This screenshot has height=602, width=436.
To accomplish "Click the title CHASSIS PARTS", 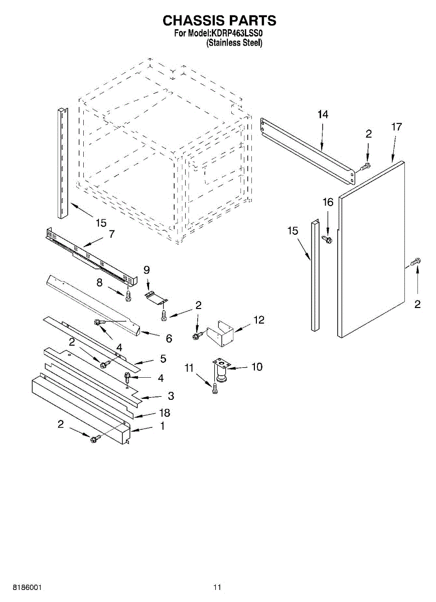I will coord(219,21).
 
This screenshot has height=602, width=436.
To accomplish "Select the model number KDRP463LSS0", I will coord(236,34).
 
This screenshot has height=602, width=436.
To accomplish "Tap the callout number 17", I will coord(396,127).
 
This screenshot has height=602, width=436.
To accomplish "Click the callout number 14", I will coord(323,114).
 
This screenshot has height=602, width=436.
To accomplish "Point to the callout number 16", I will coord(328,202).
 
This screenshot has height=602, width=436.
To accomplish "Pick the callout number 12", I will coord(258,320).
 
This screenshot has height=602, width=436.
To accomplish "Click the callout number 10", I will coord(256,367).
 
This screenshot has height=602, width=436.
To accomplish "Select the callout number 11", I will coord(189,368).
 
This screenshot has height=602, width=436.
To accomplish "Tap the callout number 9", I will coord(147,270).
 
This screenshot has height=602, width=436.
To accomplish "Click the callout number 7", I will coord(111,233).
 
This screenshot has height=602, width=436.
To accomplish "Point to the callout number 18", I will coord(164,413).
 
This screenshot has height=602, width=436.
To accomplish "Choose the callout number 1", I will coord(162,426).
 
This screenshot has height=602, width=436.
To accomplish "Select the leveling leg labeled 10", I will coord(220,373).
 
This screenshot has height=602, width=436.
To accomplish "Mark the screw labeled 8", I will coord(129,296).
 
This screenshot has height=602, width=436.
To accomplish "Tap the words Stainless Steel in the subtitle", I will coord(235,43).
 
